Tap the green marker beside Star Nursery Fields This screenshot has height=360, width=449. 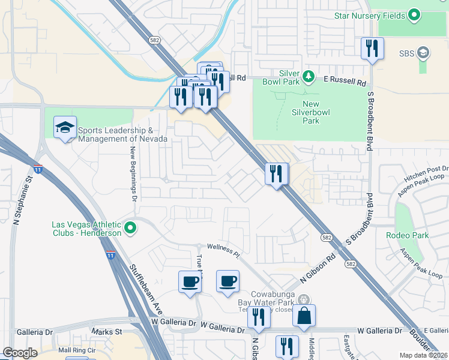(414, 14)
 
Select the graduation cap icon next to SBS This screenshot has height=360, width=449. (423, 53)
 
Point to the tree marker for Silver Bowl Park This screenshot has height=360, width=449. (308, 76)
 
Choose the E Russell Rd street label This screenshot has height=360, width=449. (345, 79)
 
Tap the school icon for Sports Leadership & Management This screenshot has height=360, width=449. (65, 127)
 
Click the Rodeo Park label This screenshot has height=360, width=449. (407, 235)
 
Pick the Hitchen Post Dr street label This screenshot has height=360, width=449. (427, 170)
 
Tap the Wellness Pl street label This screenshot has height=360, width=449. (223, 250)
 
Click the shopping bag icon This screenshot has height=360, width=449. (304, 314)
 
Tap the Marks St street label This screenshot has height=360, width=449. (106, 331)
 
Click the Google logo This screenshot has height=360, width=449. (20, 353)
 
